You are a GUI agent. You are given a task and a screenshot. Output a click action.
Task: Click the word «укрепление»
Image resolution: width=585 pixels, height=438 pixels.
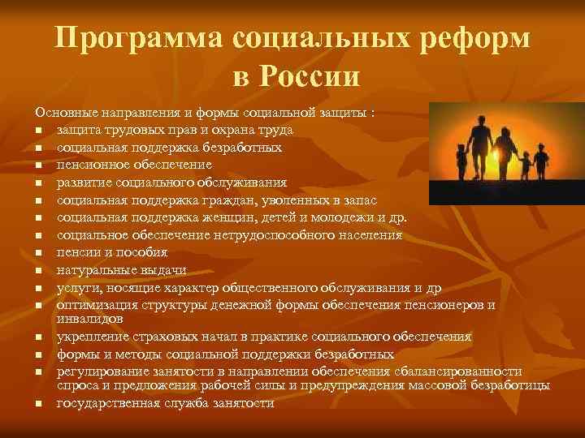(x=90, y=337)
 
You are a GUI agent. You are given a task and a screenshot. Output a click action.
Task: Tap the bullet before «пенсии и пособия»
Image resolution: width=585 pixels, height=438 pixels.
(x=37, y=254)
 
